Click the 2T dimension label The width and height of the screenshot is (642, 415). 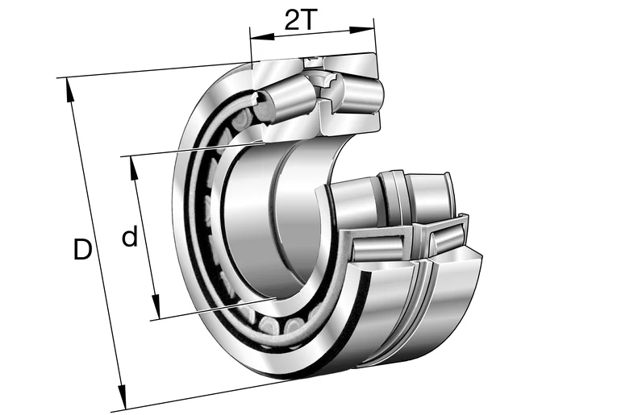coord(301,19)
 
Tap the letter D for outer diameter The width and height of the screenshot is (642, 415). coord(82,249)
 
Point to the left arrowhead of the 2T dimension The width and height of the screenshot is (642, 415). coord(262,37)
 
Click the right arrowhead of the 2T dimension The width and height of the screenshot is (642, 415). coord(361,30)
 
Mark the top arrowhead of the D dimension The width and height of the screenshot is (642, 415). coord(69,90)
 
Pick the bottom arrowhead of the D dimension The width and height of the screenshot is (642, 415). coord(122,396)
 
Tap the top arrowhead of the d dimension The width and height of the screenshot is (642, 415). coord(133,168)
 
